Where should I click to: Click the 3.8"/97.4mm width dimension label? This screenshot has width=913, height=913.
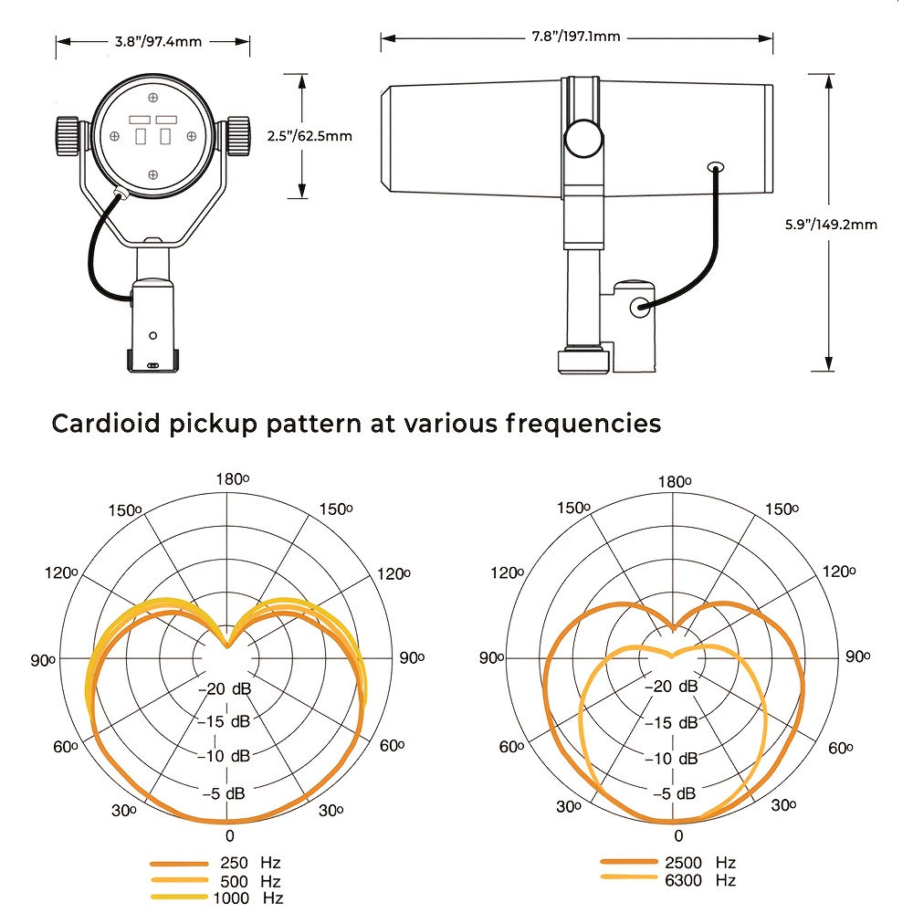152,42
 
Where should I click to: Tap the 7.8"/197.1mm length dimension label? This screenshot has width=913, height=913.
577,37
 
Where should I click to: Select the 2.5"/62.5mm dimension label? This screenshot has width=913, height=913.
310,136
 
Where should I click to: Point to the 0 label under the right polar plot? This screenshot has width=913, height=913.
677,836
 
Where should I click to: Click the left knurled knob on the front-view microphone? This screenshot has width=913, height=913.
68,135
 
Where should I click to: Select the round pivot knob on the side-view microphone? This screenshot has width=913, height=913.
582,140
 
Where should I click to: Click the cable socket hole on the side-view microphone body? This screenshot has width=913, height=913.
715,167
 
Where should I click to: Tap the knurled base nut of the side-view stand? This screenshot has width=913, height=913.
582,359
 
